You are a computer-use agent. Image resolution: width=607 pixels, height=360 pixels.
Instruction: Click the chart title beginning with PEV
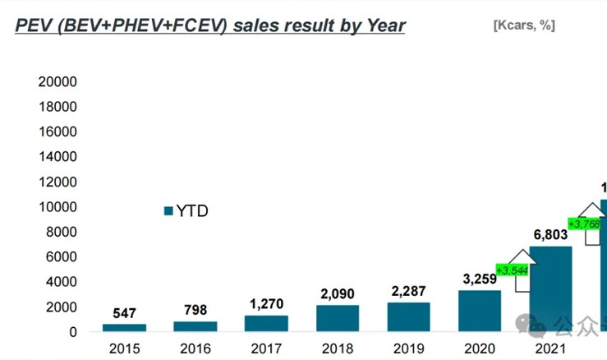pyautogui.click(x=210, y=25)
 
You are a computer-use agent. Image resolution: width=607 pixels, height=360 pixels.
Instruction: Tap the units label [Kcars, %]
pyautogui.click(x=523, y=25)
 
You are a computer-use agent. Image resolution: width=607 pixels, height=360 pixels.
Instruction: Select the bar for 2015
pyautogui.click(x=123, y=327)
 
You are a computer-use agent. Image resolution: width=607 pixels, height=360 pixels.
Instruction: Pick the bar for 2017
pyautogui.click(x=266, y=323)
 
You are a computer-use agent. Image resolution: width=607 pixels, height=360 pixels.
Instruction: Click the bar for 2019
pyautogui.click(x=408, y=316)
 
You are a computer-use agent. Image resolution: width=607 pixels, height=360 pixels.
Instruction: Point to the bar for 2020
pyautogui.click(x=480, y=311)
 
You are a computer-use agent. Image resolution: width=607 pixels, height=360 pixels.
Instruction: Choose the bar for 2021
pyautogui.click(x=550, y=288)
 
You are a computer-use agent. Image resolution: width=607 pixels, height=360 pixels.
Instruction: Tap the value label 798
pyautogui.click(x=195, y=310)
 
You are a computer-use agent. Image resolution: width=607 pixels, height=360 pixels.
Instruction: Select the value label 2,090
pyautogui.click(x=338, y=294)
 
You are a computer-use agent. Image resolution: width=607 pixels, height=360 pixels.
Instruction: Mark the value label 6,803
pyautogui.click(x=550, y=235)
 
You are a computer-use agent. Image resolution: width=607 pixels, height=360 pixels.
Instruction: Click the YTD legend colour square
pyautogui.click(x=169, y=211)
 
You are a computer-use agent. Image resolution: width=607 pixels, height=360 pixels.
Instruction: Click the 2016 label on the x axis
pyautogui.click(x=195, y=348)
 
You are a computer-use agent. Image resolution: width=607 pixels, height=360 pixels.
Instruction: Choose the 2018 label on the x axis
pyautogui.click(x=338, y=348)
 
